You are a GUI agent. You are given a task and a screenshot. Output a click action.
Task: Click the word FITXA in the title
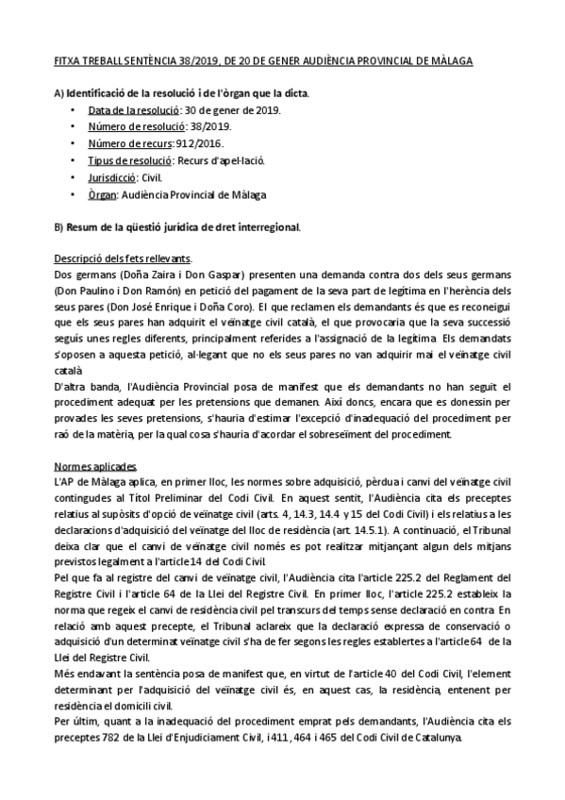coord(67,61)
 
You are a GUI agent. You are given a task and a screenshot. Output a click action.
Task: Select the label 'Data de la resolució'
coord(127,110)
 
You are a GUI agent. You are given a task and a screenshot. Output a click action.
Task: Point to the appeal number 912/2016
coord(202,144)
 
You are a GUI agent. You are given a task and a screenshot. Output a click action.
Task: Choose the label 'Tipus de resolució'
coord(125,161)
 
